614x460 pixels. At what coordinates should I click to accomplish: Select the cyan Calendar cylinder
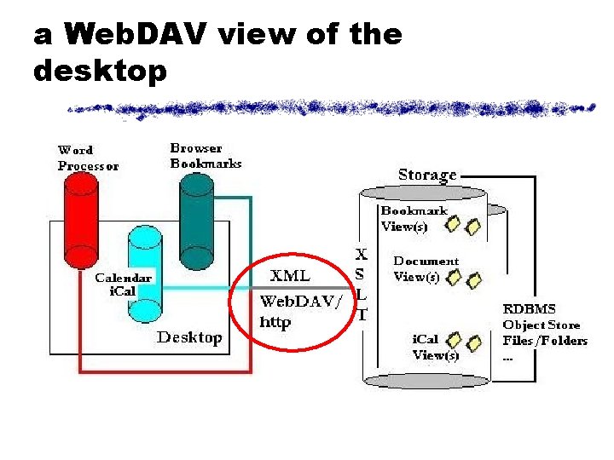coord(144,256)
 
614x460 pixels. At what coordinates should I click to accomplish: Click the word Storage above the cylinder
coord(427,175)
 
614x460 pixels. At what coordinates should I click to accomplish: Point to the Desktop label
coord(189,337)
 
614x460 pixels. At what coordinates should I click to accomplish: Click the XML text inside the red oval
coord(290,276)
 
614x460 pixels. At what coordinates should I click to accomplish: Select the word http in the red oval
coord(275,323)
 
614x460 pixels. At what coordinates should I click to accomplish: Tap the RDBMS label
coord(528,309)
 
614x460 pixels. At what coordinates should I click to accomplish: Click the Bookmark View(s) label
coord(415,218)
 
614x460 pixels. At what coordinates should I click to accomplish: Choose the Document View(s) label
coord(425,268)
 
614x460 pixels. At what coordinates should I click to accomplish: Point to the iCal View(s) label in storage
coord(435,347)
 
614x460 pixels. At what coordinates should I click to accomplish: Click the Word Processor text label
coord(88,158)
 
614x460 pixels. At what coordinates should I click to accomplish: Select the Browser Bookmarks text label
coord(206,156)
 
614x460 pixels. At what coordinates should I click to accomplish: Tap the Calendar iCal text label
coord(123,284)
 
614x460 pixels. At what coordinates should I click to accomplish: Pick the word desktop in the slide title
coord(99,72)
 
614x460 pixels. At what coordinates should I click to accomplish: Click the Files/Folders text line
coord(545,341)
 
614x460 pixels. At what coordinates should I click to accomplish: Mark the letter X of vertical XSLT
coord(362,254)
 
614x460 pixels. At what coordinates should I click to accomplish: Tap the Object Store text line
coord(541,325)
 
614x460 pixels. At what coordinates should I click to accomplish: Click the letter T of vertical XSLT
coord(362,313)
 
